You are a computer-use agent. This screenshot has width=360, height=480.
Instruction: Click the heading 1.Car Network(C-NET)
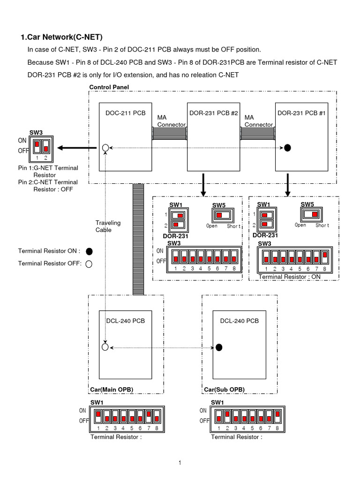(61, 37)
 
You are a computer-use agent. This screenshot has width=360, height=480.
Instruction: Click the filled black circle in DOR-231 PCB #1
(288, 148)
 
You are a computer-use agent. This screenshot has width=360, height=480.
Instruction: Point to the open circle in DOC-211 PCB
(105, 148)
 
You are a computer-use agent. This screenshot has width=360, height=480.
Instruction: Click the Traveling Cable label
(108, 226)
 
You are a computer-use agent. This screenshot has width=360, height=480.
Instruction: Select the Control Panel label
(109, 87)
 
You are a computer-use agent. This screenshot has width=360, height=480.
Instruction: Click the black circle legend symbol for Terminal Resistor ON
(89, 251)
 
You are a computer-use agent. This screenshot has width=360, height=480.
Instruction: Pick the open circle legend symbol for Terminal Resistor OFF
(89, 263)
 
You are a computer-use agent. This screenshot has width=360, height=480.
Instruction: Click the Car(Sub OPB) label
(224, 390)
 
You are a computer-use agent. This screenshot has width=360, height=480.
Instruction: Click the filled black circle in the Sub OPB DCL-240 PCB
(218, 347)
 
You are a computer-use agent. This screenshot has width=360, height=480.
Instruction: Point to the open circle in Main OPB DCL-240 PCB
(105, 347)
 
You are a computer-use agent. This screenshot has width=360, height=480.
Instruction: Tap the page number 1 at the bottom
(180, 463)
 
